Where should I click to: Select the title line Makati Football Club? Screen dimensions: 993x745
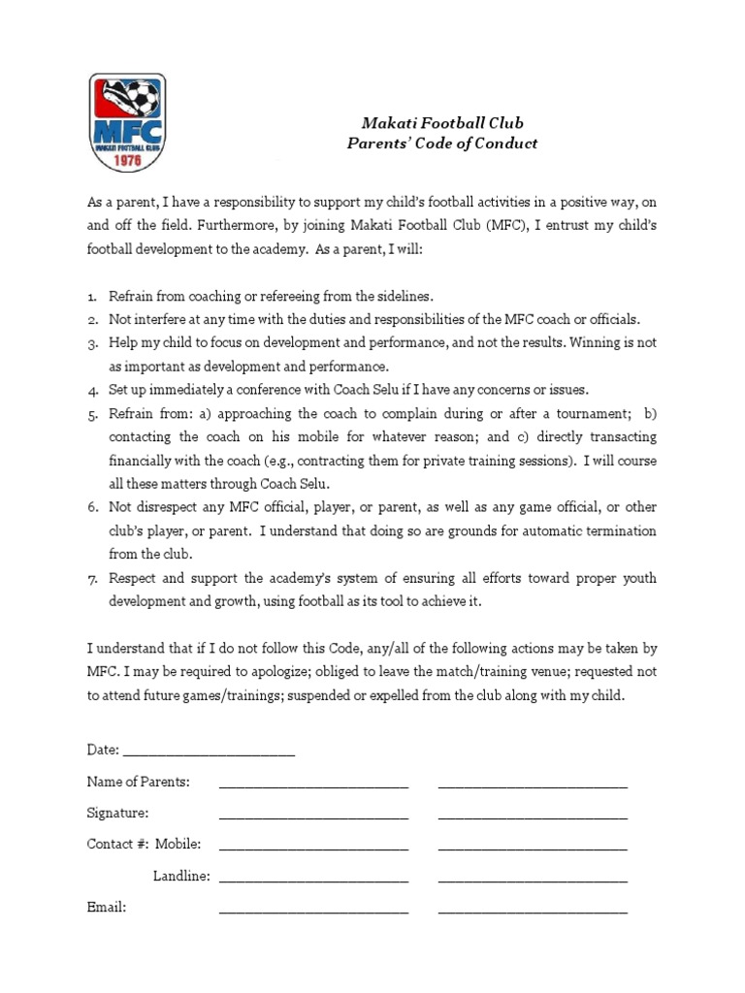[442, 123]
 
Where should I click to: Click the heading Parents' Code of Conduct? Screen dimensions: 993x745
[442, 144]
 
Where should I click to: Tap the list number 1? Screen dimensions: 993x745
[92, 295]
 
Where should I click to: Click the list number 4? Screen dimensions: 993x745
[92, 390]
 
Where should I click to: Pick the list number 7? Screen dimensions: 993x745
[92, 578]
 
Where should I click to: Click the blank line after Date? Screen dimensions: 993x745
[209, 752]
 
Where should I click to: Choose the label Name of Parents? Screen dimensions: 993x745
[139, 782]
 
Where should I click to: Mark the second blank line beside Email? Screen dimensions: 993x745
[533, 911]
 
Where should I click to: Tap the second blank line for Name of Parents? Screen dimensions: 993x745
[533, 785]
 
